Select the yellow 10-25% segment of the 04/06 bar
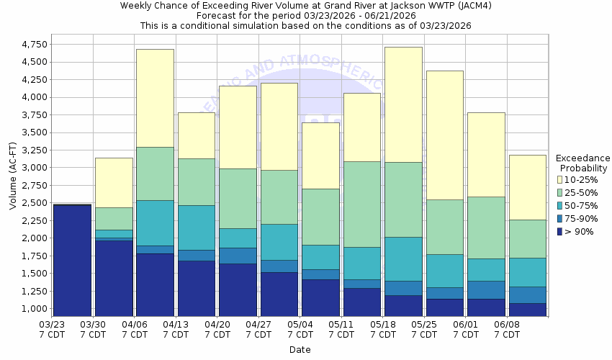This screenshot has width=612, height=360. click(x=155, y=98)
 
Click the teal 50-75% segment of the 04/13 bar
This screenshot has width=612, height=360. click(x=197, y=228)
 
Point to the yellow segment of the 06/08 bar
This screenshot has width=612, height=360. click(x=528, y=187)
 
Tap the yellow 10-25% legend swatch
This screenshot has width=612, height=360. click(x=560, y=179)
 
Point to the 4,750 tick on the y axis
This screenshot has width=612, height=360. click(x=35, y=45)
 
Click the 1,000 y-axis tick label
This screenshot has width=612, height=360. click(x=35, y=309)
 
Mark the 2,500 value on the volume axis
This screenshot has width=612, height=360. click(x=35, y=203)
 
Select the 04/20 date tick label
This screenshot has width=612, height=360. click(x=217, y=330)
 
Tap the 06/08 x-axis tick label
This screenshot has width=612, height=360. click(x=508, y=330)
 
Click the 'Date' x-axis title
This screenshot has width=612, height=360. click(x=300, y=349)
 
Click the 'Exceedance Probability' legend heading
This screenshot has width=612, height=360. click(x=582, y=163)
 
